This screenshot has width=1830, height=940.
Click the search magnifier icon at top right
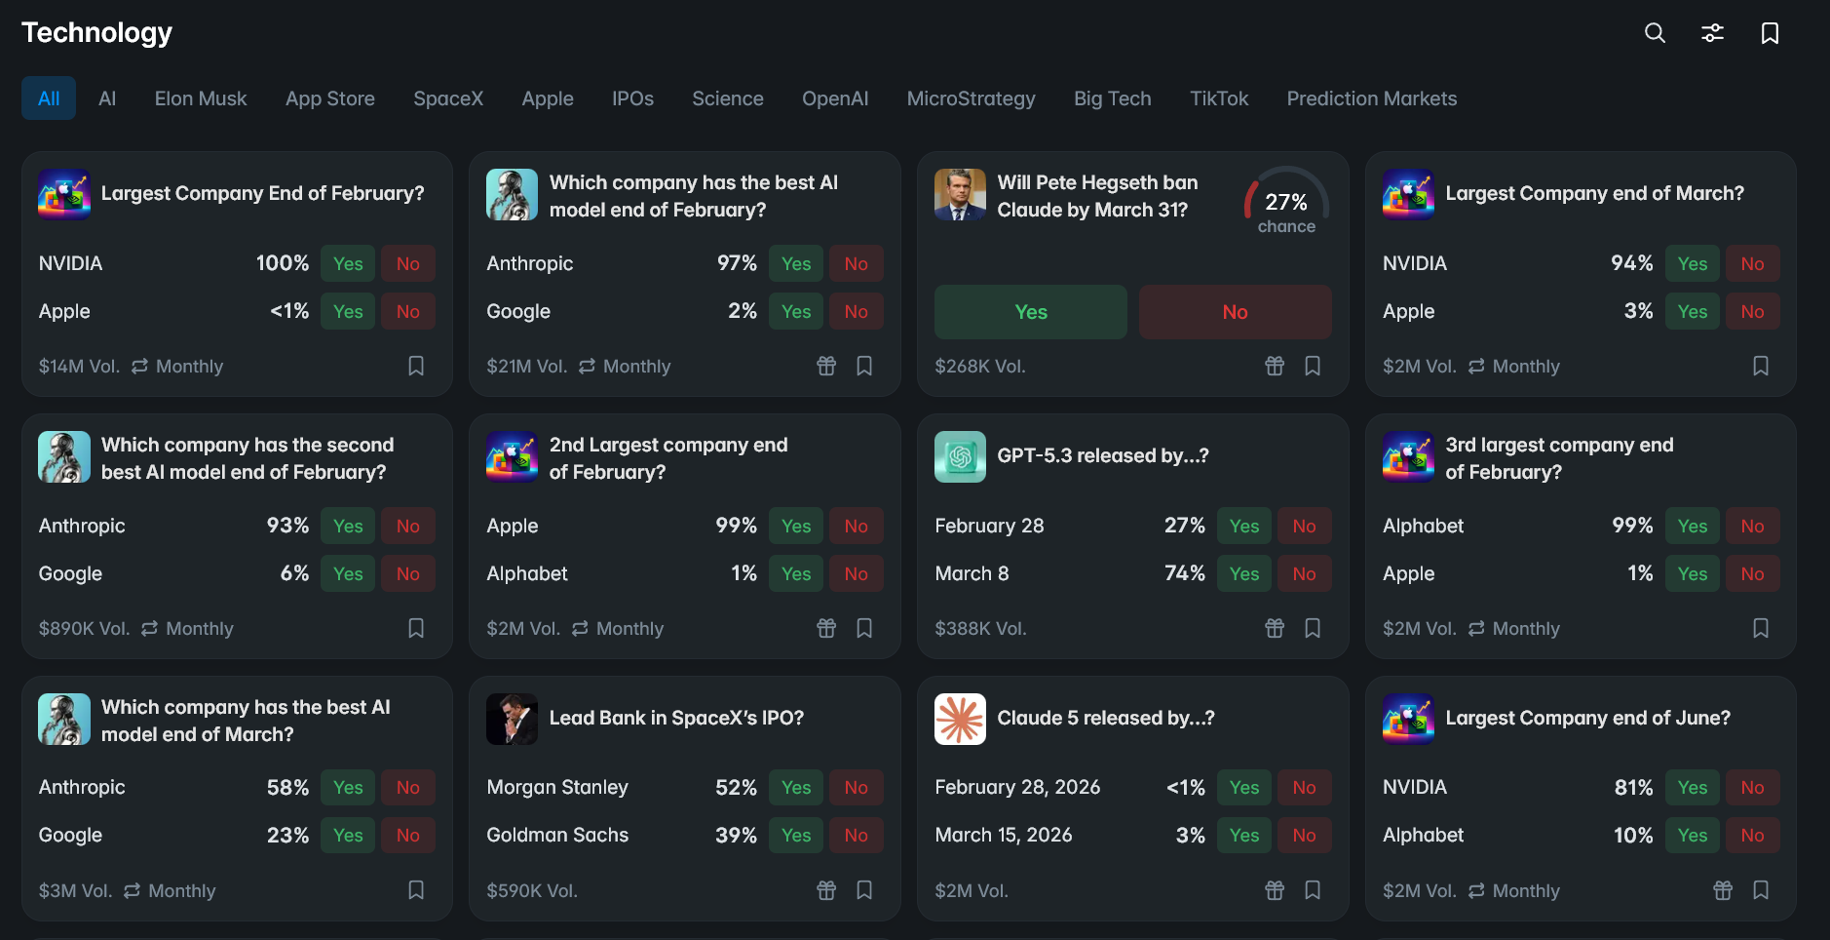click(1655, 33)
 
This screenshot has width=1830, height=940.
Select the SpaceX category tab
click(448, 98)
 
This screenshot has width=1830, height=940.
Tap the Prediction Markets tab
click(1371, 98)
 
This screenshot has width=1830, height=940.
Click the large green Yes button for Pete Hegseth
click(1030, 312)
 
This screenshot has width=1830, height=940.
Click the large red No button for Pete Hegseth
click(1235, 312)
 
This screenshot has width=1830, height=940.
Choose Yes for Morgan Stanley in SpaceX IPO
click(795, 787)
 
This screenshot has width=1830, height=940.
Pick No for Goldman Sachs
click(856, 835)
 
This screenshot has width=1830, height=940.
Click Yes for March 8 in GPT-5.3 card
click(1243, 573)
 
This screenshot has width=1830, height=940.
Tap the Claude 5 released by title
click(1105, 718)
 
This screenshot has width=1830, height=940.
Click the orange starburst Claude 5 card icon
click(960, 719)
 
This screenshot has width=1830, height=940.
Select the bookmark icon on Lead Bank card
click(864, 890)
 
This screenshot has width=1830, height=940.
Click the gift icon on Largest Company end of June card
click(1723, 890)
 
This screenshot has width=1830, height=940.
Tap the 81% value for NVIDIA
click(1633, 787)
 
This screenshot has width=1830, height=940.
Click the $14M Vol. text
click(79, 367)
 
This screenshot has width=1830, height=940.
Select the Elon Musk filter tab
click(201, 98)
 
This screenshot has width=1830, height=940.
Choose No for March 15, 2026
click(1304, 835)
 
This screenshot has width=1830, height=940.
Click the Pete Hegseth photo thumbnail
click(960, 194)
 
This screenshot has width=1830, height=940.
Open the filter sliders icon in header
click(1712, 33)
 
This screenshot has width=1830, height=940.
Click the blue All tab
click(49, 98)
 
